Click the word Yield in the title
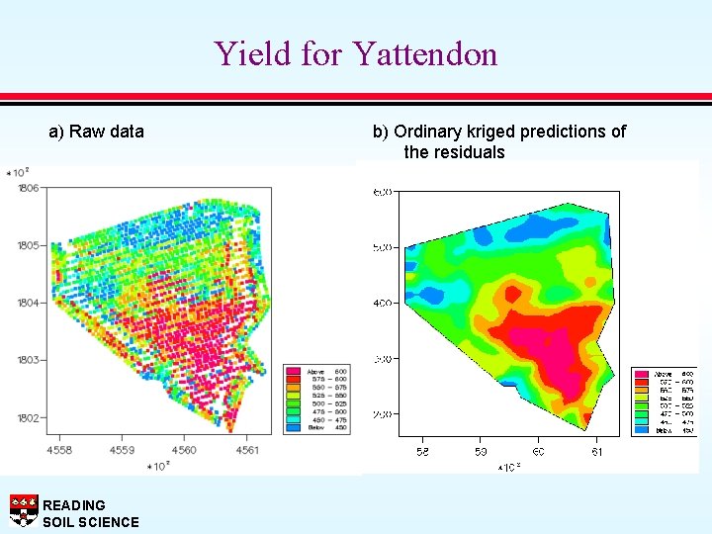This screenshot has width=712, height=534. point(248,53)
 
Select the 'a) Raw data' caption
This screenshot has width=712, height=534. point(97,132)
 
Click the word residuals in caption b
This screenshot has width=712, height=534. point(468,152)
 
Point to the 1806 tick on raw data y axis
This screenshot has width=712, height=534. point(28,188)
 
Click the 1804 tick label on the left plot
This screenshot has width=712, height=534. point(28,303)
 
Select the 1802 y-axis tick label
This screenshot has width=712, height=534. point(28,417)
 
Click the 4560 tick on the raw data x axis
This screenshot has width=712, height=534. point(184,450)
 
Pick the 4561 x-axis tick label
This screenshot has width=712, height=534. point(246,450)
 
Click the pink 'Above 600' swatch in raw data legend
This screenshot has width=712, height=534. point(293,372)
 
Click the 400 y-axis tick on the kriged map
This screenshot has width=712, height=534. point(383,303)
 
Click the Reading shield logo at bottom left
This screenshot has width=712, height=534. point(23,510)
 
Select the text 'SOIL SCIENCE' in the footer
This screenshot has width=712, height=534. point(91,522)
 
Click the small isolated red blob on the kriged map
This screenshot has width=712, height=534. point(511,292)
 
